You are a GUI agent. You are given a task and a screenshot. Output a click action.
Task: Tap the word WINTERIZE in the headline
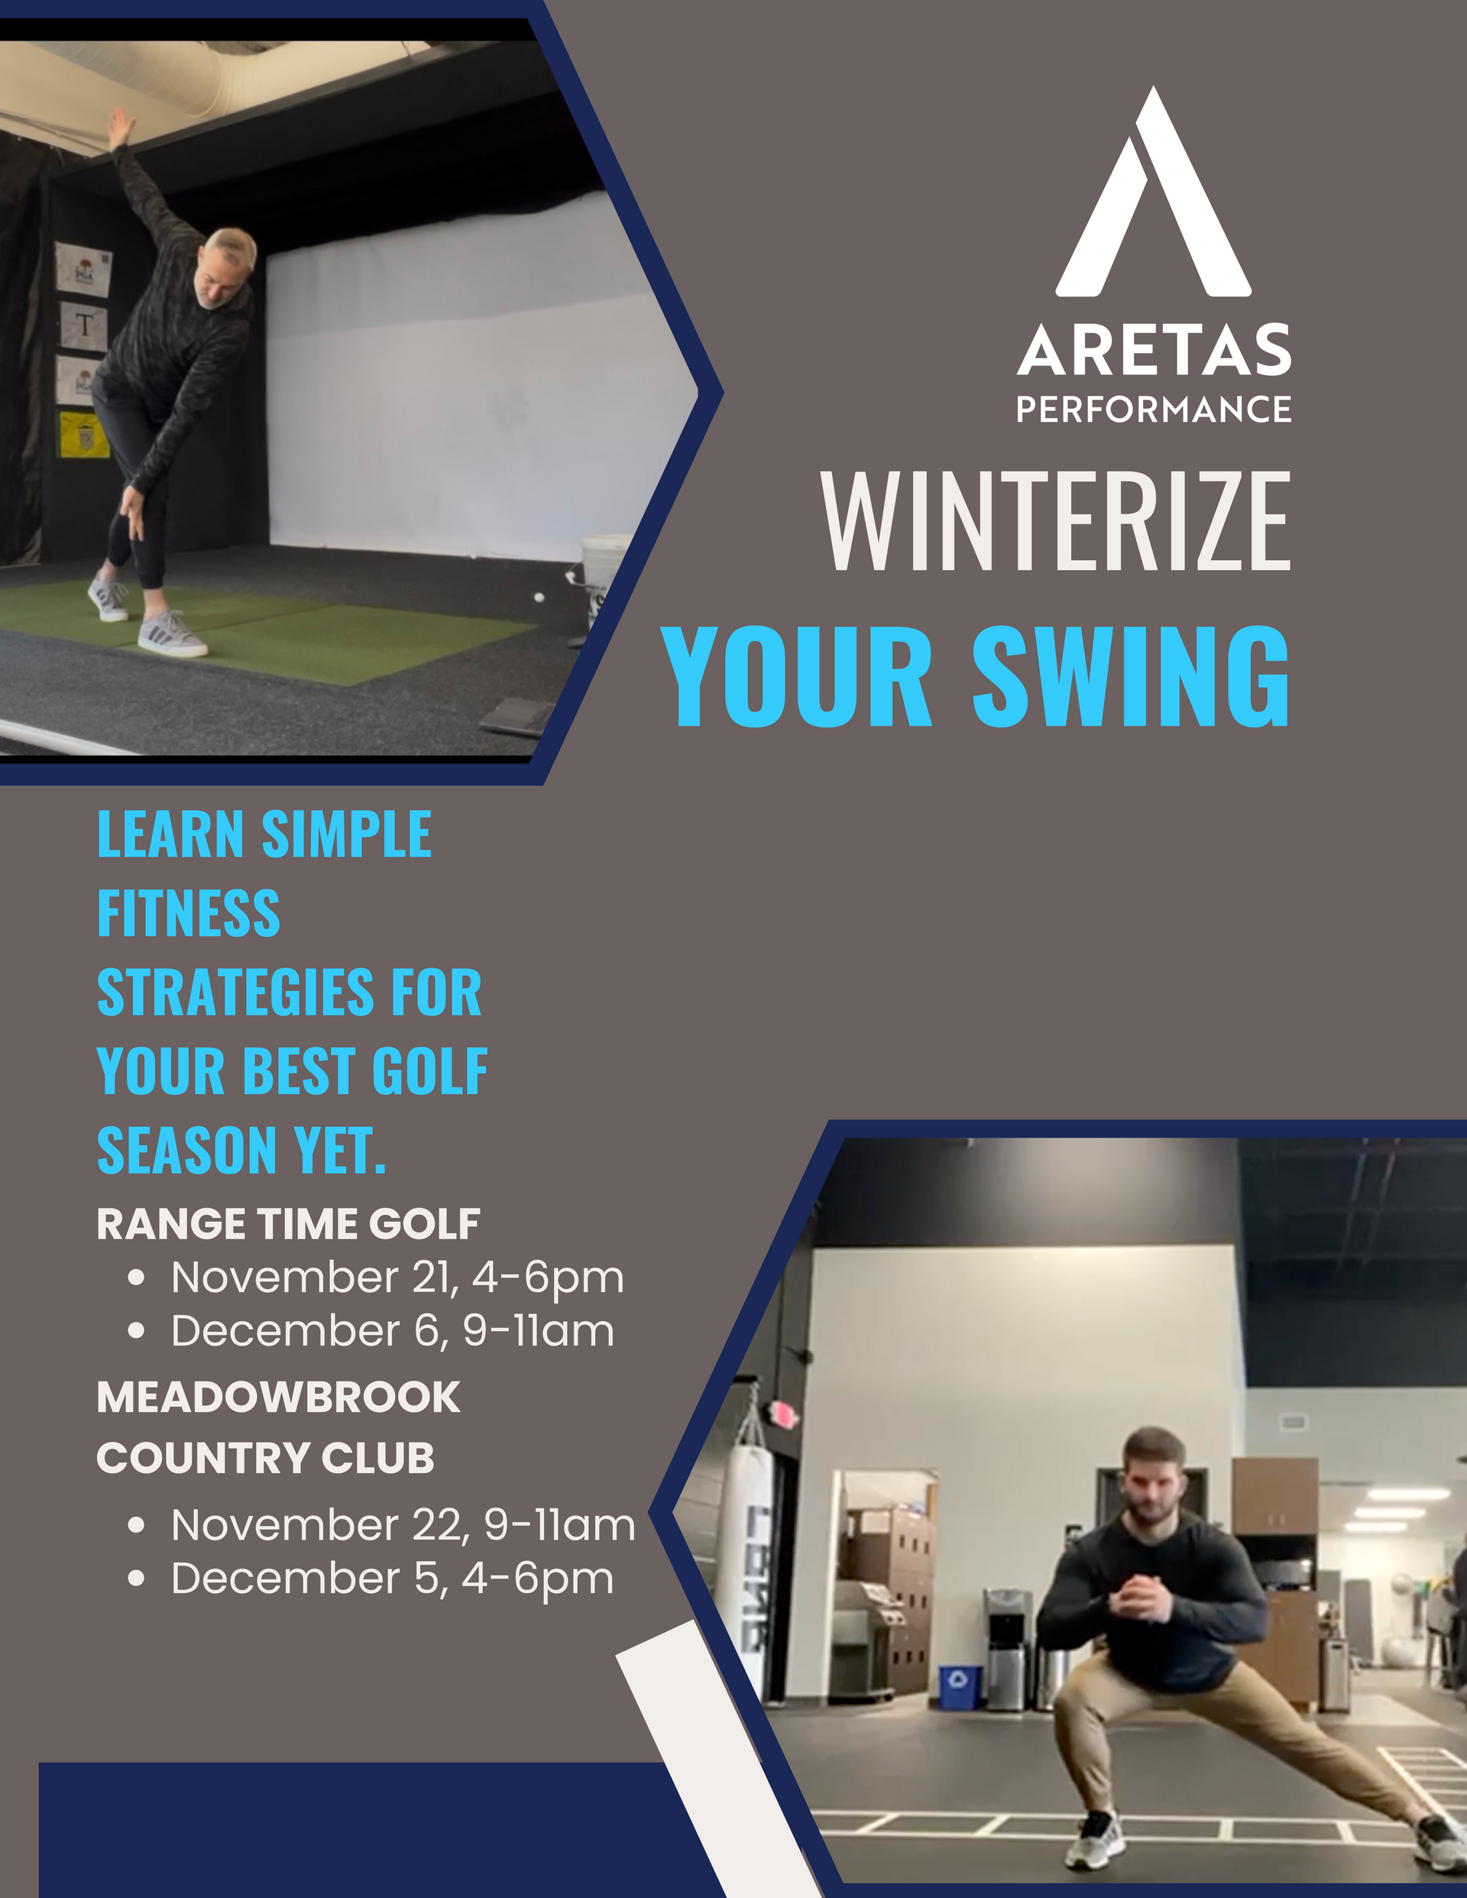click(x=1056, y=520)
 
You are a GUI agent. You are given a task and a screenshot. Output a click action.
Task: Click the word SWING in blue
click(x=1131, y=677)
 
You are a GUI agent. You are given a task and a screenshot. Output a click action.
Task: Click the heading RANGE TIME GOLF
click(x=287, y=1223)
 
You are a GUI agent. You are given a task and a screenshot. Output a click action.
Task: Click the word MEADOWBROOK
click(x=278, y=1398)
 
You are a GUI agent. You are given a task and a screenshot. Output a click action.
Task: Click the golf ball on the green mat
click(x=539, y=597)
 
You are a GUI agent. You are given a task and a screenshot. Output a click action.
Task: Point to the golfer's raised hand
click(x=119, y=127)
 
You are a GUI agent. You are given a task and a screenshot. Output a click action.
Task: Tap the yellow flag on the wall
click(x=83, y=435)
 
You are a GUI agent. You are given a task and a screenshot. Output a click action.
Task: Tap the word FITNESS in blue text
click(x=189, y=913)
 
